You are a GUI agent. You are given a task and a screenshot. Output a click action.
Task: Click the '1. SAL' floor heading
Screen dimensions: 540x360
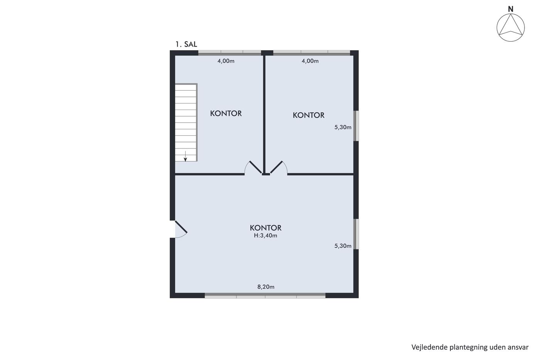point(186,44)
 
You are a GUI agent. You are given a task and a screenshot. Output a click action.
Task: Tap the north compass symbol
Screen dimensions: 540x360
point(511,27)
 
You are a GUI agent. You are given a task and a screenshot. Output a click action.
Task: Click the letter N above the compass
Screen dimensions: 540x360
point(511,9)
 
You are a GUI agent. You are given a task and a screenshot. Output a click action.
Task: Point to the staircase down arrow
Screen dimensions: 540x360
point(186,156)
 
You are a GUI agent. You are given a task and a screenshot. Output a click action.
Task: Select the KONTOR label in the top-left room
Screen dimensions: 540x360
point(226,113)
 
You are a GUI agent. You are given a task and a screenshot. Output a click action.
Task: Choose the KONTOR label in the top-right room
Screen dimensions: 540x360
point(309,115)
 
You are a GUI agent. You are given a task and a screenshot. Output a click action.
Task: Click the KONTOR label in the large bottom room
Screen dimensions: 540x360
point(266,228)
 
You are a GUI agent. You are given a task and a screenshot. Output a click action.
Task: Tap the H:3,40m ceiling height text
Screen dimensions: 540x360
point(266,236)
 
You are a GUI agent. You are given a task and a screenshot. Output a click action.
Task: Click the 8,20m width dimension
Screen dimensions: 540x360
point(266,287)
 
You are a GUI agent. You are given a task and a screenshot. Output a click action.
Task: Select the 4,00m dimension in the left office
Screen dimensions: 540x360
point(226,61)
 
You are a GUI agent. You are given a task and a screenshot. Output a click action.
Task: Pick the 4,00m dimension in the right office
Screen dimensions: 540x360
point(310,61)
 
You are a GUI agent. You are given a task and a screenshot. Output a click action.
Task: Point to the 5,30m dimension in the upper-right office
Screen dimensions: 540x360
point(343,127)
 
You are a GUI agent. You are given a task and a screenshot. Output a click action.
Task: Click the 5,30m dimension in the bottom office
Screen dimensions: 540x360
point(343,246)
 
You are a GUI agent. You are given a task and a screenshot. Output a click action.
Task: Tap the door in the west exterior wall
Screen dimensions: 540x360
point(181,227)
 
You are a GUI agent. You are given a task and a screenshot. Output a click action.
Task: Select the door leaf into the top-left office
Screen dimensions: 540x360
point(255,167)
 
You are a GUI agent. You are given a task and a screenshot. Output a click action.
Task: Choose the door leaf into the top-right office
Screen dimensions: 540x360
point(276,167)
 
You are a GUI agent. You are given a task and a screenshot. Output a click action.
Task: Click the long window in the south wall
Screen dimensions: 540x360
point(265,296)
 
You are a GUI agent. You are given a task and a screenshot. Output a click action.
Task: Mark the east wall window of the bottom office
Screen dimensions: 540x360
point(356,234)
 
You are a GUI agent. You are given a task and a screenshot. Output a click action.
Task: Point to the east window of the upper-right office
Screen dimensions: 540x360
point(356,126)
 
